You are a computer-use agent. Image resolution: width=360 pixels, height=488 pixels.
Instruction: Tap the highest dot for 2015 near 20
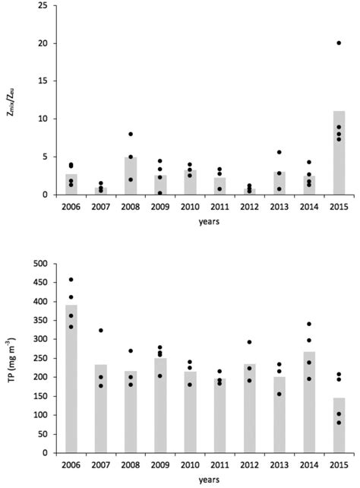click(339, 43)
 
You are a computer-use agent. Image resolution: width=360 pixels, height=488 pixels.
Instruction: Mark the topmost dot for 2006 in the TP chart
click(71, 280)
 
